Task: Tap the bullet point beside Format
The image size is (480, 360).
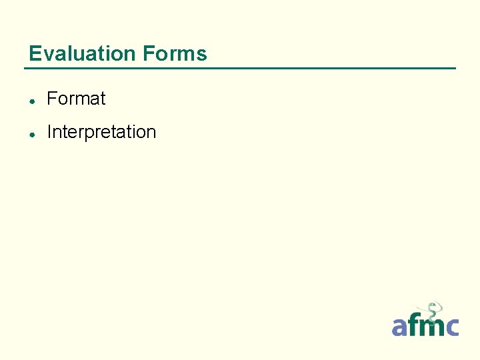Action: coord(32,100)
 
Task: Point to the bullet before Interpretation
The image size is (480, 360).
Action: coord(32,133)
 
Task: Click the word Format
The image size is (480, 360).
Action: coord(76,99)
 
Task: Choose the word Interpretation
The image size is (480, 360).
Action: coord(101,132)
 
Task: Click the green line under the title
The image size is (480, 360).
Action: coord(240,68)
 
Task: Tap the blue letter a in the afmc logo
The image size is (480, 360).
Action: coord(399,327)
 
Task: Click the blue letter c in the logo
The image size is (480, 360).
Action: coord(451,327)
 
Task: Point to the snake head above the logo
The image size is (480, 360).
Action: coord(432,307)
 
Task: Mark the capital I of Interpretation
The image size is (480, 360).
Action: coord(49,132)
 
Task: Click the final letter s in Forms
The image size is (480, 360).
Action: coord(202,55)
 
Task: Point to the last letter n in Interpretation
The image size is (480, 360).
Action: coord(151,133)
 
